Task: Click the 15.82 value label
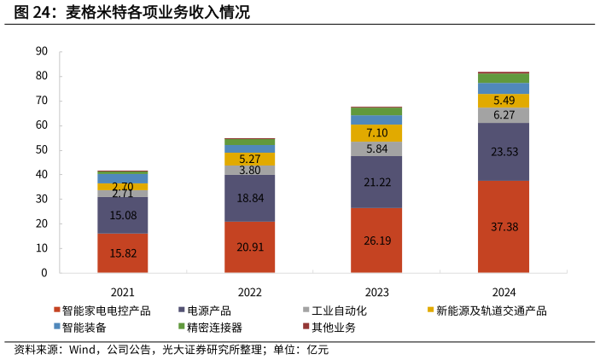pyautogui.click(x=122, y=253)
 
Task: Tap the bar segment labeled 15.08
pyautogui.click(x=122, y=216)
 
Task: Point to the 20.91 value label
pyautogui.click(x=249, y=247)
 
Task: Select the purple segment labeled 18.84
pyautogui.click(x=249, y=198)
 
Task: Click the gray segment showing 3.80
pyautogui.click(x=249, y=170)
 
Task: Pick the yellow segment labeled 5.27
pyautogui.click(x=249, y=159)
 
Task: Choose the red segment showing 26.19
pyautogui.click(x=376, y=241)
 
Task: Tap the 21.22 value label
pyautogui.click(x=376, y=183)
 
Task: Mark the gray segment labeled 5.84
pyautogui.click(x=376, y=148)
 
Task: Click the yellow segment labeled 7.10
pyautogui.click(x=376, y=133)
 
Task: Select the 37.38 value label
pyautogui.click(x=504, y=227)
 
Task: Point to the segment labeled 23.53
pyautogui.click(x=504, y=152)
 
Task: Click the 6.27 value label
pyautogui.click(x=504, y=115)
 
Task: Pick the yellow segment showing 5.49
pyautogui.click(x=504, y=101)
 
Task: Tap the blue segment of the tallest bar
pyautogui.click(x=504, y=88)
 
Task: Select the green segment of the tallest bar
pyautogui.click(x=504, y=78)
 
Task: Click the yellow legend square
pyautogui.click(x=431, y=309)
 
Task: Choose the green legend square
pyautogui.click(x=182, y=326)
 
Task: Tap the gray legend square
pyautogui.click(x=306, y=309)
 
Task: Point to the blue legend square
pyautogui.click(x=57, y=326)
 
